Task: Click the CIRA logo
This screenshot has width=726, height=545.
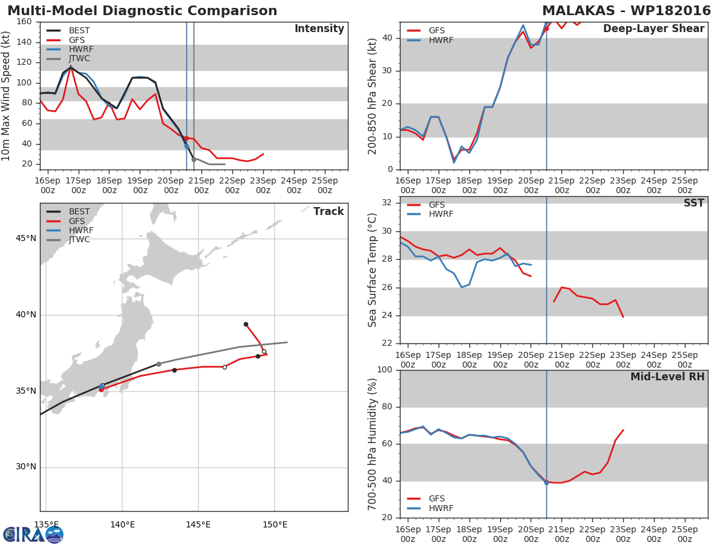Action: tap(33, 534)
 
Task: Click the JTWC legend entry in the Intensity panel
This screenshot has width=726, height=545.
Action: tap(68, 59)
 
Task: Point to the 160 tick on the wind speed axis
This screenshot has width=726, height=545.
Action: tap(24, 22)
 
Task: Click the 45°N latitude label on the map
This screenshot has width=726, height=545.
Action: tap(26, 238)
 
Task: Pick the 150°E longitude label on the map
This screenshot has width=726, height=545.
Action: tap(275, 524)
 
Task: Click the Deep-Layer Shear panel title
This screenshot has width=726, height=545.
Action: tap(653, 29)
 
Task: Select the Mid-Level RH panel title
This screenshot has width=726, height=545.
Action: tap(667, 377)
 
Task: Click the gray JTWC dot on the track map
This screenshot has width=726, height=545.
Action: tap(159, 364)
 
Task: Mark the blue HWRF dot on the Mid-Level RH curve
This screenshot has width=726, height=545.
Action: tap(546, 483)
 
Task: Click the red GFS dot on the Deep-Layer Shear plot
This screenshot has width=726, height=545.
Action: tap(546, 29)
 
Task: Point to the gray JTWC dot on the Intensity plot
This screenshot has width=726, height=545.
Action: tap(194, 159)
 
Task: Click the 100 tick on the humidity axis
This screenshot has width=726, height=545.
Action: tap(385, 369)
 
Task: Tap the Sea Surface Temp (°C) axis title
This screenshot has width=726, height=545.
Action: tap(372, 270)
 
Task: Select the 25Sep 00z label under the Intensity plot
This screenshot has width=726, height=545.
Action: tap(325, 185)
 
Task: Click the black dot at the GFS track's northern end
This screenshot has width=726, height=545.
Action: tap(246, 325)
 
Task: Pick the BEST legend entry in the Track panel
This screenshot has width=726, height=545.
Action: tap(68, 211)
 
